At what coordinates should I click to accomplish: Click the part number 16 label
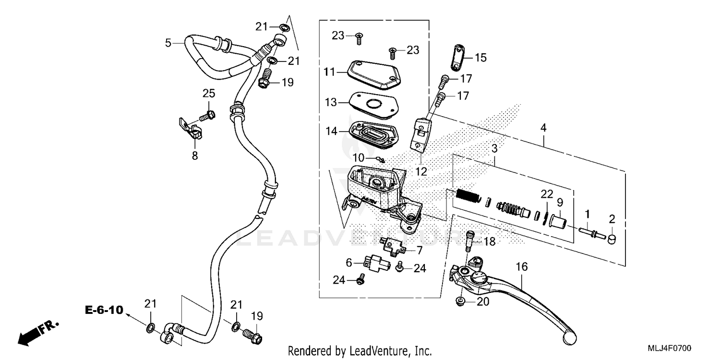(x=522, y=266)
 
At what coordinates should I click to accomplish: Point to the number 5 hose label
(x=168, y=43)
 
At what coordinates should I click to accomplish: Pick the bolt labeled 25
(x=207, y=115)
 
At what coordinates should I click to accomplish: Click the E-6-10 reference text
(x=104, y=310)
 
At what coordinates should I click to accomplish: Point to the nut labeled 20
(x=460, y=301)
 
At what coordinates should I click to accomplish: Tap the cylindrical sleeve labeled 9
(x=558, y=222)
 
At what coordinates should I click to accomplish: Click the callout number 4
(x=543, y=128)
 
